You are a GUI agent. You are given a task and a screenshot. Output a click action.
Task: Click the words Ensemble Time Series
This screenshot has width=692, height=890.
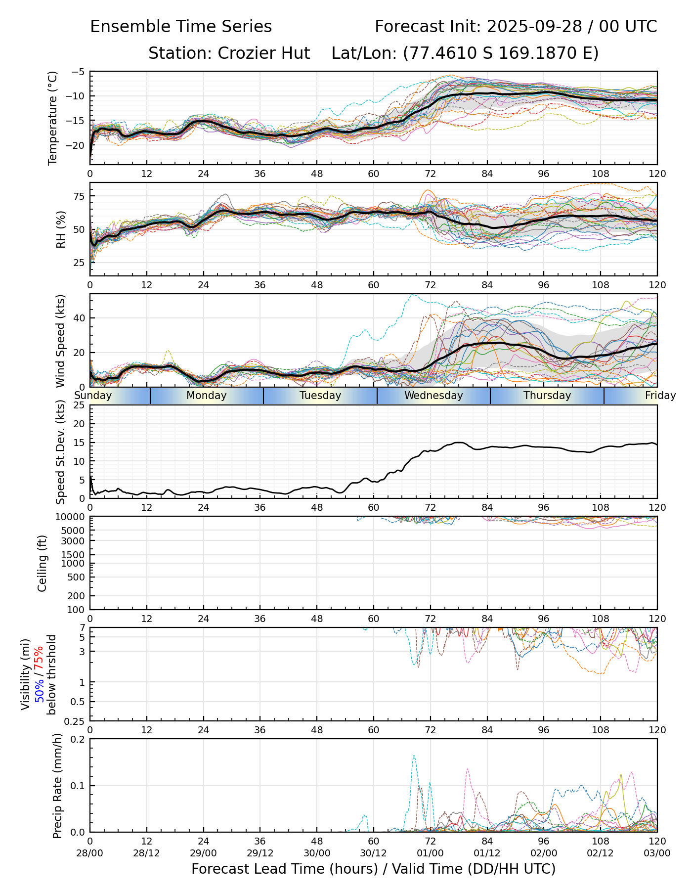click(181, 27)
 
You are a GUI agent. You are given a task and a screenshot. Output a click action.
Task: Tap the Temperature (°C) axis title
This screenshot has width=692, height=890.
click(53, 118)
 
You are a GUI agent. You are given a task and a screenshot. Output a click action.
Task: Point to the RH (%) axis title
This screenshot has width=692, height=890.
click(61, 229)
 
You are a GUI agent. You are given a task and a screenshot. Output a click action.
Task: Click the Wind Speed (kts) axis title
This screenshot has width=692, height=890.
click(61, 341)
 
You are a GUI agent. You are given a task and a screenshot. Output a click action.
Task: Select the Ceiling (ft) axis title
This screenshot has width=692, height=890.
click(43, 563)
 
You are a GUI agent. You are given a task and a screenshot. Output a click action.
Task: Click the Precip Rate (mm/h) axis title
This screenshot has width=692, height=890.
click(57, 786)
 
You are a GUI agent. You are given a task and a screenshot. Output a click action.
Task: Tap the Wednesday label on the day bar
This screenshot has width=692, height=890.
click(433, 396)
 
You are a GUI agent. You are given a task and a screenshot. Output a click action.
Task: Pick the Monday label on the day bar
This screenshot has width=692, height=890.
click(207, 396)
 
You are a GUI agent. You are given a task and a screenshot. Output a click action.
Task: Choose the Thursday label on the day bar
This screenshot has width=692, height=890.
click(547, 396)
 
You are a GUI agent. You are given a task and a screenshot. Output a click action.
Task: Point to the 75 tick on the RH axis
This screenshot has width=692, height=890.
click(79, 196)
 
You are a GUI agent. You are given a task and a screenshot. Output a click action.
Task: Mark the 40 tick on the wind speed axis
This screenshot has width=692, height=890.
click(79, 318)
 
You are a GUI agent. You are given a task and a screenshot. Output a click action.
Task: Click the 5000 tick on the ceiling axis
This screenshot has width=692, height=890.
click(73, 531)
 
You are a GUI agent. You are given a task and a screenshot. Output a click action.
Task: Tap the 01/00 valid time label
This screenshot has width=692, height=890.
click(430, 853)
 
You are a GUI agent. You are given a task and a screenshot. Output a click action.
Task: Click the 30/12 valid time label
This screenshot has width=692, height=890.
click(373, 853)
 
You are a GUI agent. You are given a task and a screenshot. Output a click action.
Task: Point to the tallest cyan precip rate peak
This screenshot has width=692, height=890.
click(414, 756)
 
